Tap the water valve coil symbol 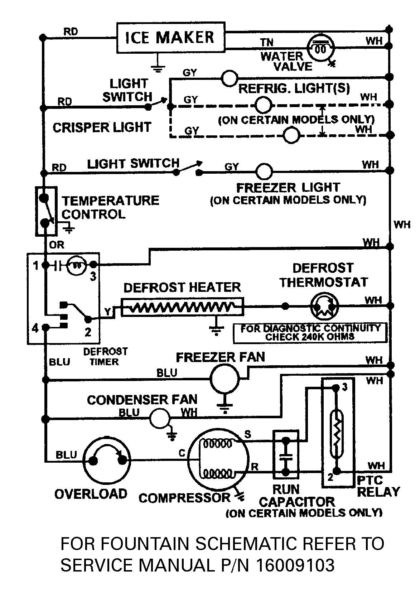(x=320, y=48)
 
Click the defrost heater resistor (x=182, y=307)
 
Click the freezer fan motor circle (x=224, y=379)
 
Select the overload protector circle (x=107, y=459)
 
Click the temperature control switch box (x=46, y=211)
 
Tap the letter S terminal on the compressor (x=247, y=434)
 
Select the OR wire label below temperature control (x=57, y=245)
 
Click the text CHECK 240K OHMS (x=309, y=337)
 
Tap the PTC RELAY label (x=378, y=486)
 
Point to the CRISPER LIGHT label (x=102, y=127)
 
